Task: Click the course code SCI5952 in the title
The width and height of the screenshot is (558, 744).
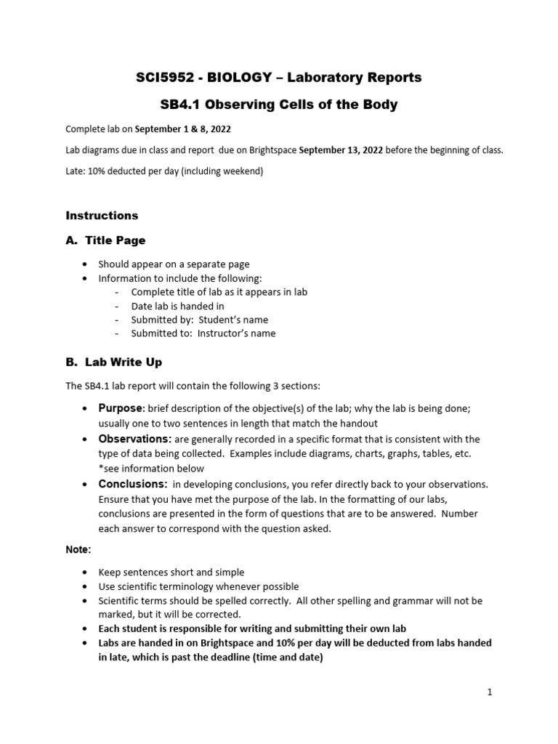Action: click(x=161, y=77)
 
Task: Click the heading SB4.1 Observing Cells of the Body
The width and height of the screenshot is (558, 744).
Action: click(x=278, y=105)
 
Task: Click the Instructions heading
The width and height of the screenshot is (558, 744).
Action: click(x=102, y=216)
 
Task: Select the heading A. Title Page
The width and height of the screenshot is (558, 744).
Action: click(x=105, y=240)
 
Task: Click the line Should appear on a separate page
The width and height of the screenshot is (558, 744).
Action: click(x=174, y=264)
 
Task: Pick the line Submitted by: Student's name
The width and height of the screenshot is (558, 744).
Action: click(x=199, y=320)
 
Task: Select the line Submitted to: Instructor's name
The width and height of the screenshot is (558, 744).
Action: click(x=203, y=333)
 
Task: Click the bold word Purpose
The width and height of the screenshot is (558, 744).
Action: click(x=121, y=408)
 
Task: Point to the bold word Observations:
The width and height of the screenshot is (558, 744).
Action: click(x=135, y=439)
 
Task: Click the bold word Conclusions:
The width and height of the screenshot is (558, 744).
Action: click(x=133, y=484)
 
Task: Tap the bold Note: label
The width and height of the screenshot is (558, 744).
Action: click(x=78, y=550)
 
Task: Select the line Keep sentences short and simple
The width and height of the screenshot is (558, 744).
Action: click(x=171, y=573)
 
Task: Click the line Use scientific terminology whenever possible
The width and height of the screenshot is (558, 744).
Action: click(x=198, y=586)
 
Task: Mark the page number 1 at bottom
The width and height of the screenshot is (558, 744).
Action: click(x=490, y=692)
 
